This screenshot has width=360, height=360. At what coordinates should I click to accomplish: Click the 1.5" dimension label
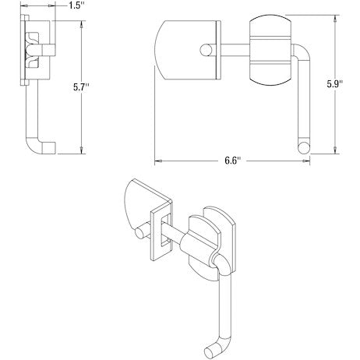(75, 6)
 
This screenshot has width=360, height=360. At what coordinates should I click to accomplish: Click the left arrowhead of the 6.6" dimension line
(157, 161)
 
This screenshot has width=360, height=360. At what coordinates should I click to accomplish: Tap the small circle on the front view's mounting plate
(208, 51)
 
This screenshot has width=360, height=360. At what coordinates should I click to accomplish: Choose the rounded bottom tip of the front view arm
(303, 144)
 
